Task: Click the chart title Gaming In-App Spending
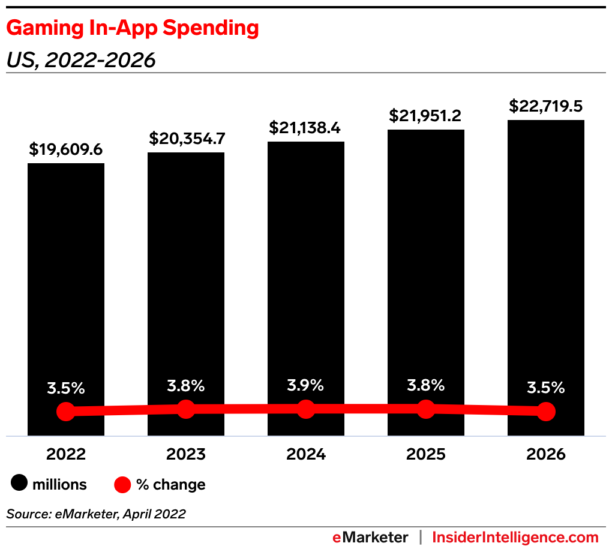(133, 29)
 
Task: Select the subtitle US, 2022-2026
(81, 60)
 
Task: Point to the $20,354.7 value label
(186, 139)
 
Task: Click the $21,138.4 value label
(306, 128)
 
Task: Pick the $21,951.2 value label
(426, 116)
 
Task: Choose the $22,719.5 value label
(546, 106)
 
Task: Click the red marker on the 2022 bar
(66, 412)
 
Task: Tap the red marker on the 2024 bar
(306, 409)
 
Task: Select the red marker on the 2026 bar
(546, 412)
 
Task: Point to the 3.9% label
(306, 385)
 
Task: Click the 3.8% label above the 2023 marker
(186, 385)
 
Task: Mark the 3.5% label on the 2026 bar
(546, 388)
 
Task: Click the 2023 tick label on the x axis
(186, 454)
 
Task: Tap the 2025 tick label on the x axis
(426, 454)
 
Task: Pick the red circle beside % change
(122, 484)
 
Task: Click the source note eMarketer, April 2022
(96, 514)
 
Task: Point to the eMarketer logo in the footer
(370, 537)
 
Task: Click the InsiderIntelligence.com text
(515, 537)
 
